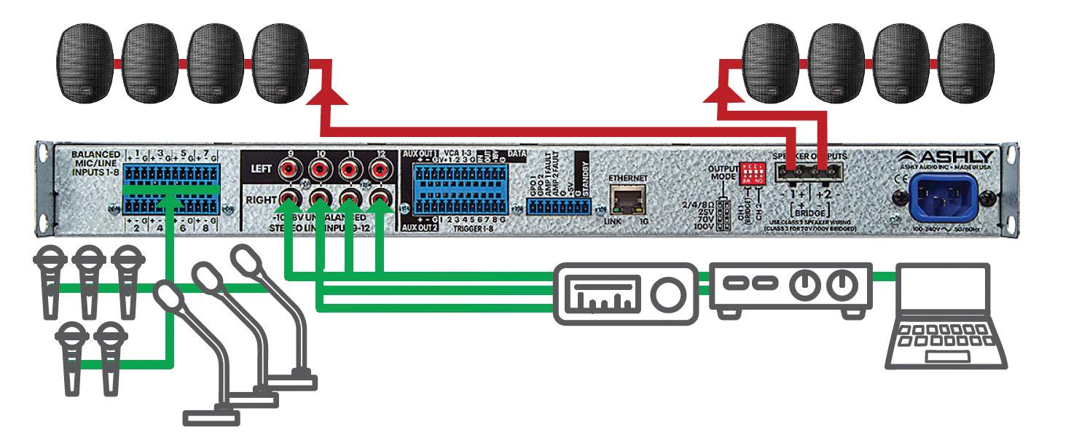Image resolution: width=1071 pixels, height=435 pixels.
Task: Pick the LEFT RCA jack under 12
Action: click(x=379, y=171)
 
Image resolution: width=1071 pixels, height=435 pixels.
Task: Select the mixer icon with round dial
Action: click(x=626, y=293)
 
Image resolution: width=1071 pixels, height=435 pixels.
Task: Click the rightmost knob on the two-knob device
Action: click(x=844, y=284)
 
